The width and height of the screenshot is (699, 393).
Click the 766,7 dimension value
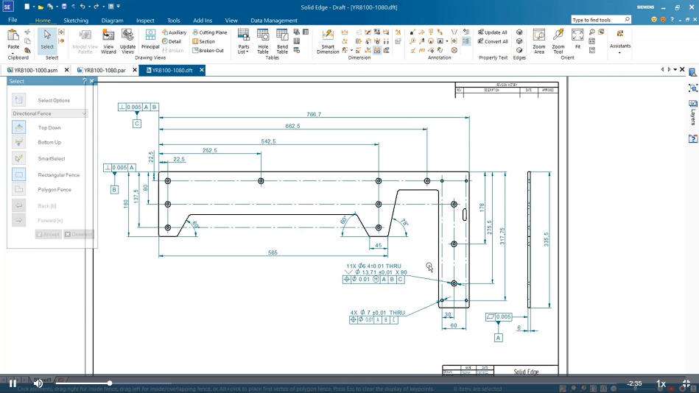point(314,114)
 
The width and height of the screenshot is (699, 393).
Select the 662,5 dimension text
point(292,126)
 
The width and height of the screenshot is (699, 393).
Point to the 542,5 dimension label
point(268,141)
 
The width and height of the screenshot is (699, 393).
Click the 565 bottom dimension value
point(273,252)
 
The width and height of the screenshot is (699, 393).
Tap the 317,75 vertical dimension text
point(502,237)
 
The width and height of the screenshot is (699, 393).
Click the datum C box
point(137,124)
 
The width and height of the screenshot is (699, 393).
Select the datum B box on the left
point(114,190)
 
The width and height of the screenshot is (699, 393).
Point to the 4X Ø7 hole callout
point(377,313)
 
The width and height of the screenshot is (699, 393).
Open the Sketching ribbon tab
point(76,21)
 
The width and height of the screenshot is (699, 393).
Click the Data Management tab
point(274,21)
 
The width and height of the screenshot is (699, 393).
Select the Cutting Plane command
point(209,32)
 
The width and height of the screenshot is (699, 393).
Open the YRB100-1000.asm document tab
point(36,70)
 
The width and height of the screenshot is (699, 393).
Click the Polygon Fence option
point(55,190)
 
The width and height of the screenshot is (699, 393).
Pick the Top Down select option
point(49,128)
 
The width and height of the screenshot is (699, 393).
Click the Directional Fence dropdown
point(50,113)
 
